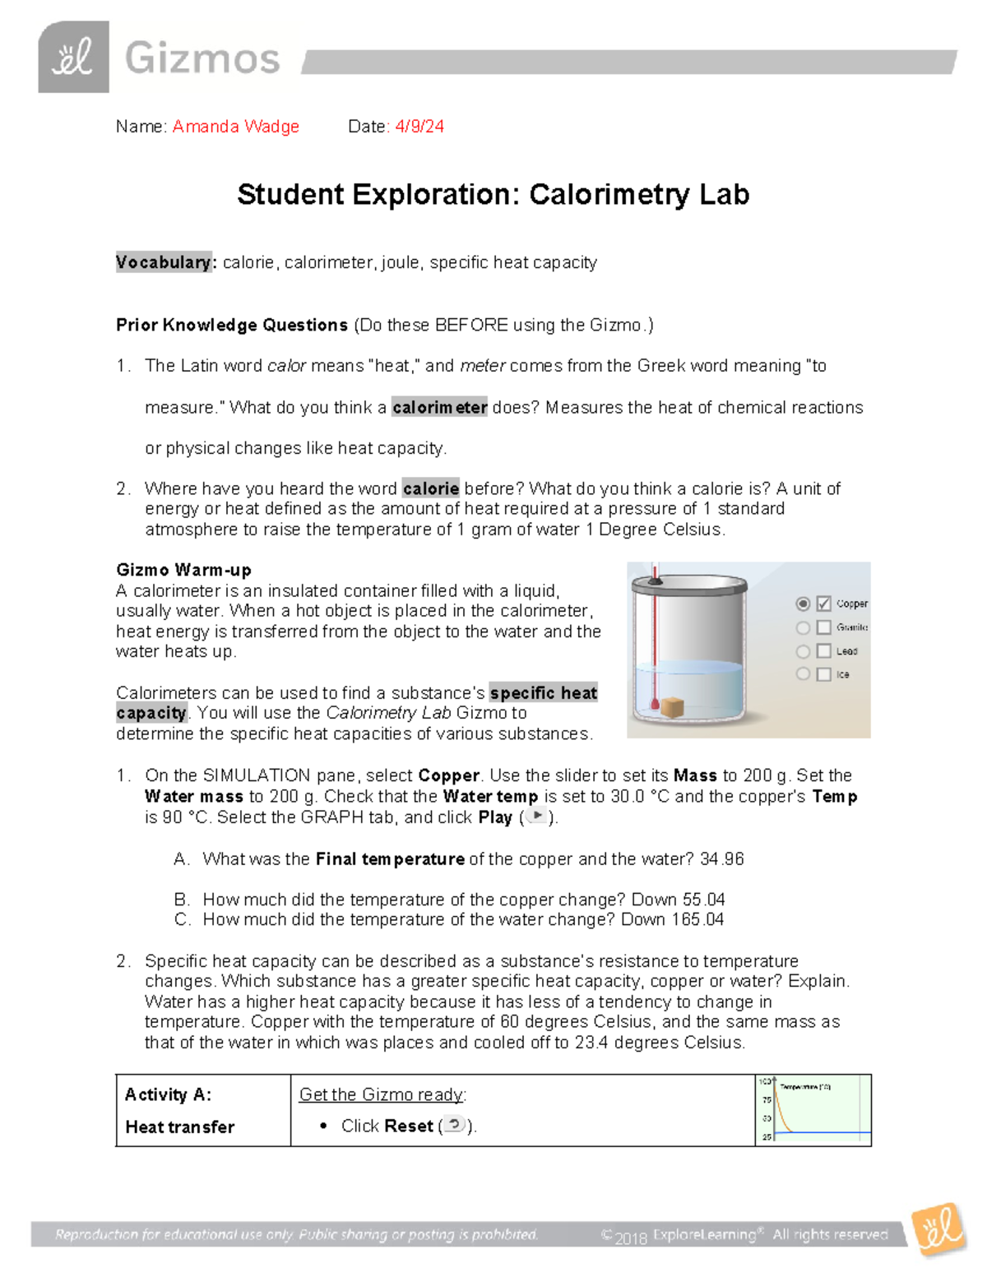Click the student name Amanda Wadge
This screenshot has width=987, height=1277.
coord(235,127)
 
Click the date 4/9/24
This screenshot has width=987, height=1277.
coord(419,127)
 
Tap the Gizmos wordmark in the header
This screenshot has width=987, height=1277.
coord(202,59)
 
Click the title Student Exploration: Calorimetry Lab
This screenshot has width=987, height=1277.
coord(493,195)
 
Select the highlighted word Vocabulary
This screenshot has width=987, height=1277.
coord(164,262)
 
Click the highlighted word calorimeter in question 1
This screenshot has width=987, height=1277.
coord(439,407)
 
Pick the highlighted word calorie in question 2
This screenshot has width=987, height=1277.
coord(431,488)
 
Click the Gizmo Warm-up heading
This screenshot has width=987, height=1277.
coord(183,570)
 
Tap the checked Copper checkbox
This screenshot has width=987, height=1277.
coord(823,604)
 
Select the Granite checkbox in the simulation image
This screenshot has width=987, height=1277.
coord(823,627)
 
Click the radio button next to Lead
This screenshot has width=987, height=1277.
coord(803,651)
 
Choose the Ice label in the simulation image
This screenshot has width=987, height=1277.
coord(842,674)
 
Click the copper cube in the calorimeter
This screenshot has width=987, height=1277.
coord(672,707)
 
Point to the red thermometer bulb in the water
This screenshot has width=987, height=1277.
coord(655,705)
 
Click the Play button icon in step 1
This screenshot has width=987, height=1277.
coord(536,817)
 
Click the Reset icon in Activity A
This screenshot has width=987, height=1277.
coord(454,1125)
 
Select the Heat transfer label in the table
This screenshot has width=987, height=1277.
coord(179,1127)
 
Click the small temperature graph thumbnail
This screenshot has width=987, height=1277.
coord(813,1109)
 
